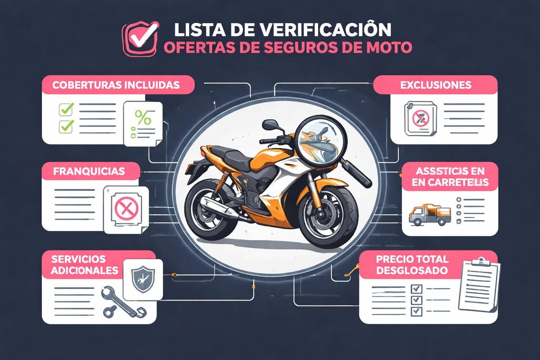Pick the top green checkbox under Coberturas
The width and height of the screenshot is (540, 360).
(x=66, y=108)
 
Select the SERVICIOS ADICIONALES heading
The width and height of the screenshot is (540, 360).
(x=79, y=265)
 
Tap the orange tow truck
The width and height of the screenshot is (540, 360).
(x=430, y=214)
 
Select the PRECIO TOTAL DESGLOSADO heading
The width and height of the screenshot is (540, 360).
(x=406, y=265)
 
